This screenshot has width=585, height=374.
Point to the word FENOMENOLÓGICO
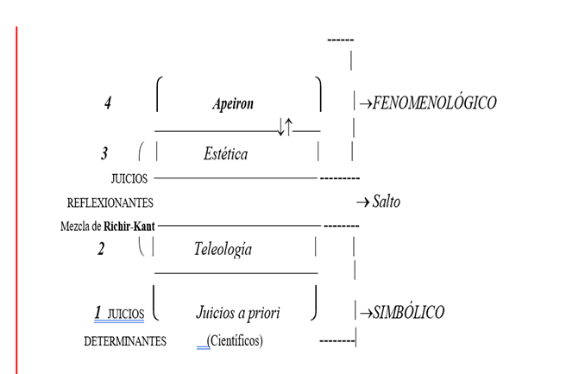[x=434, y=103]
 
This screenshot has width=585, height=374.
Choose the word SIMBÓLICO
[x=409, y=312]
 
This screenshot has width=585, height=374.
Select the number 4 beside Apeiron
[x=108, y=103]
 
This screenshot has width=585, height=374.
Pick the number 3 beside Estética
[x=104, y=154]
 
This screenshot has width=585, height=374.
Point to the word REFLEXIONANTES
[x=110, y=203]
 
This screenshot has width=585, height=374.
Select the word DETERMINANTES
[x=124, y=341]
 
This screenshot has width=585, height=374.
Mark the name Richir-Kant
[x=130, y=228]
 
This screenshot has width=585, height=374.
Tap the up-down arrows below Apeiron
[x=286, y=128]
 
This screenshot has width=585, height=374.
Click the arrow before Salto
[x=362, y=203]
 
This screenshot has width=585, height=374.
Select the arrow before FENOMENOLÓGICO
[x=364, y=103]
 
